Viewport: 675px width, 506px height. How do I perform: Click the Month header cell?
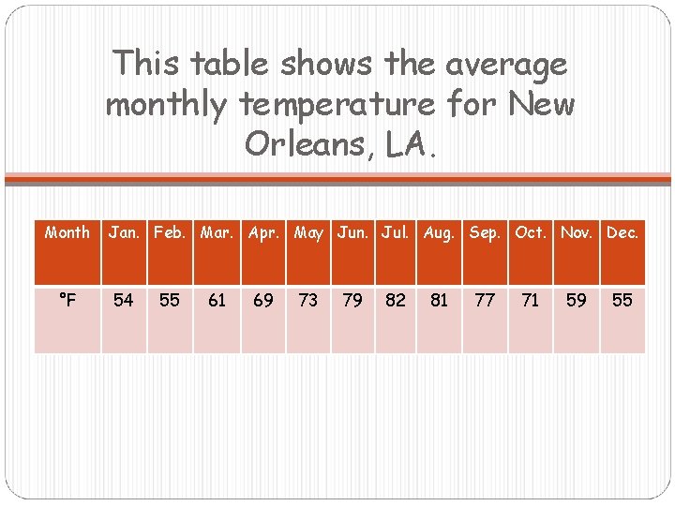coord(67,232)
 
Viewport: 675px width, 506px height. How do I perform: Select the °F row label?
coord(67,300)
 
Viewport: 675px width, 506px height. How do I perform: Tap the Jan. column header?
coord(124,232)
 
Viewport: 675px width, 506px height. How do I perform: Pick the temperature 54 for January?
coord(123,300)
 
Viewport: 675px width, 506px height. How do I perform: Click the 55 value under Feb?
coord(170,300)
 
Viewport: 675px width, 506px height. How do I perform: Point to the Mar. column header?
coord(217,232)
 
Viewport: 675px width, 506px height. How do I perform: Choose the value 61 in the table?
coord(217,300)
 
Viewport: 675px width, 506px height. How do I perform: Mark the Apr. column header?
coord(264,232)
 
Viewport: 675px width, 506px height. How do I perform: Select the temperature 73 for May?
coord(308,300)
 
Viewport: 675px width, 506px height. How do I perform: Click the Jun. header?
coord(352,232)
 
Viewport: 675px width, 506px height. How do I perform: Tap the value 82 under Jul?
coord(397,300)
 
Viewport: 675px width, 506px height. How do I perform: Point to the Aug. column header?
coord(439,232)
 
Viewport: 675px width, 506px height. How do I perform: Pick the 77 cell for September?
coord(485,300)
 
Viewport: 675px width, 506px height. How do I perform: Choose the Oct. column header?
coord(531,232)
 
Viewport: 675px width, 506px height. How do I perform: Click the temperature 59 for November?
coord(577,300)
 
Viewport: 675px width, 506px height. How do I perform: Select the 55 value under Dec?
coord(622,300)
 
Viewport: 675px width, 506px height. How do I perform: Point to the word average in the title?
coord(506,65)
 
